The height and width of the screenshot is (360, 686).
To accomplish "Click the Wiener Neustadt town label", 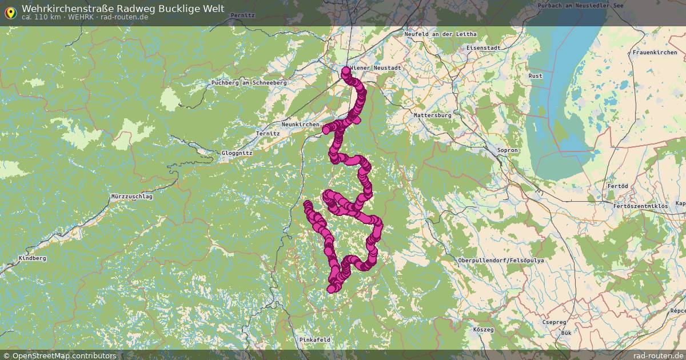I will (x=376, y=67).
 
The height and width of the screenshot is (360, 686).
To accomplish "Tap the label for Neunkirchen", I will (x=300, y=124).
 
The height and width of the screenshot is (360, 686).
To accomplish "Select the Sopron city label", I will (x=507, y=150).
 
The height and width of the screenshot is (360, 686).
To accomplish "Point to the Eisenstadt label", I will (x=482, y=48).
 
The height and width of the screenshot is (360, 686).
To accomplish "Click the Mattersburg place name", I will (x=432, y=115).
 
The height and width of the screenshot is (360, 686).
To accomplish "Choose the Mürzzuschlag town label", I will (x=132, y=196).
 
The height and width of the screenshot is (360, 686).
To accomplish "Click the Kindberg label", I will (x=32, y=258).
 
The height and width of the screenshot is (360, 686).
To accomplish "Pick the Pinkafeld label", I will (x=315, y=339).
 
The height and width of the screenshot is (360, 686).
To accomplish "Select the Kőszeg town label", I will (x=483, y=330).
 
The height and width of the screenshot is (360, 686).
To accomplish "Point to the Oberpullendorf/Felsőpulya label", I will (x=501, y=261).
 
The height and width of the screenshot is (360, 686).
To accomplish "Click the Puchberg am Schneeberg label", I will (x=249, y=82).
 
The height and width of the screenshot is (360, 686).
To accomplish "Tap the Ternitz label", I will (x=269, y=133).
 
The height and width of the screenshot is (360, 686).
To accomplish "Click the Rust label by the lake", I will (x=536, y=76).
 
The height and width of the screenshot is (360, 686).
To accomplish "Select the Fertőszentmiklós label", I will (x=640, y=205).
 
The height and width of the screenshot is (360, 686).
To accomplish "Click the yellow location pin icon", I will (x=10, y=12).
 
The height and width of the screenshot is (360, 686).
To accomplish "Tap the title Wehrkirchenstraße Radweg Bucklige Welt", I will (x=123, y=9).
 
